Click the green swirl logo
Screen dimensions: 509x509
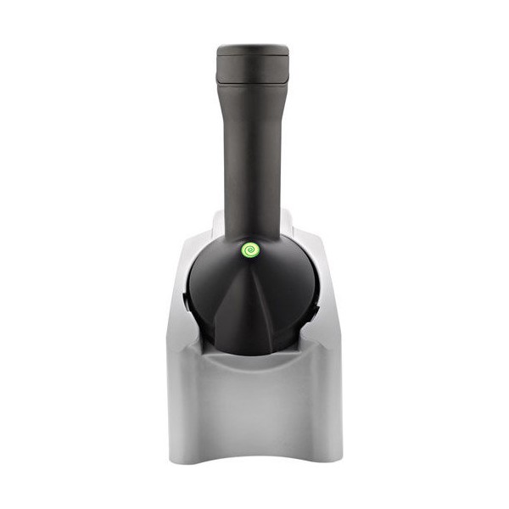[251, 250]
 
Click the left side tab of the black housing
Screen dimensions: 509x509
[186, 301]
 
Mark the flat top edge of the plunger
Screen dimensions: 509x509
[252, 49]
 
